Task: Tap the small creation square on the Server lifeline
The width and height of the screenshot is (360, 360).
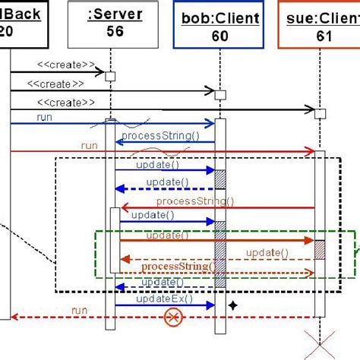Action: (x=110, y=76)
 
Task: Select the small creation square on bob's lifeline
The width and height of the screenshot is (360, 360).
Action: (x=220, y=95)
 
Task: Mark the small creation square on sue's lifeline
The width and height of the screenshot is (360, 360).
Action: (x=320, y=113)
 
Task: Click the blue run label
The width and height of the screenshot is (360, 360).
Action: (x=45, y=118)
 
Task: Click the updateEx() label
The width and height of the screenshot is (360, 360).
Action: (x=164, y=299)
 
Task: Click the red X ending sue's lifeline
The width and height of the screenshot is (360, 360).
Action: (x=320, y=343)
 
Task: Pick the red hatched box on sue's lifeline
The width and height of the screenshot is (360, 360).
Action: (x=320, y=250)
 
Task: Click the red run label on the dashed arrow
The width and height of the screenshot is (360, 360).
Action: (x=80, y=310)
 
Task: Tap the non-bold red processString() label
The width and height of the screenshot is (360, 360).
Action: (x=194, y=201)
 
